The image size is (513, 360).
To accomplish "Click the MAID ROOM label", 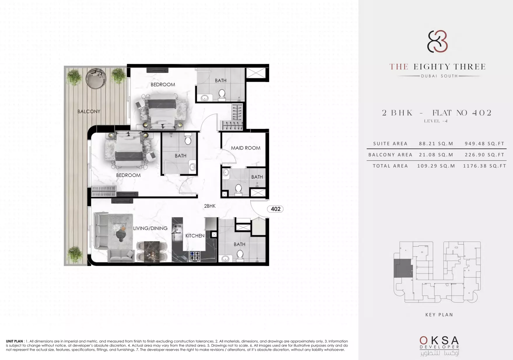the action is (246, 148).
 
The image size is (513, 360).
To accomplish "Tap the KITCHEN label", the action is (195, 236).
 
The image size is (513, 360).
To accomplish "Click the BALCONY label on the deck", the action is (89, 111).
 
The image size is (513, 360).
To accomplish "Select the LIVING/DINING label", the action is (150, 228).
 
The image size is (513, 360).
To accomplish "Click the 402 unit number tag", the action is (275, 209).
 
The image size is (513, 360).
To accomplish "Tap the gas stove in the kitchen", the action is (195, 256).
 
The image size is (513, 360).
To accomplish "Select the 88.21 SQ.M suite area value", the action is (436, 144).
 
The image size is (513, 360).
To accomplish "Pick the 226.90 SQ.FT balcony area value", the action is (484, 155).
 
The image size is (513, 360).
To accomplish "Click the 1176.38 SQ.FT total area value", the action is (484, 166).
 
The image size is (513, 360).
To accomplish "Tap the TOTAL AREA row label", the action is (390, 166).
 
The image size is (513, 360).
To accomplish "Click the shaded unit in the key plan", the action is (403, 268).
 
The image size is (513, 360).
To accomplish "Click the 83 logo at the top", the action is (438, 41).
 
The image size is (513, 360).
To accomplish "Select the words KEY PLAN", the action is (439, 314).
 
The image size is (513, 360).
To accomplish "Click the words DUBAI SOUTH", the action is (439, 76).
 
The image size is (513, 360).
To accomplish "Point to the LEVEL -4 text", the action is (436, 121).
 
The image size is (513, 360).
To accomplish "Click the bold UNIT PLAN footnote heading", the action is (14, 341).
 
